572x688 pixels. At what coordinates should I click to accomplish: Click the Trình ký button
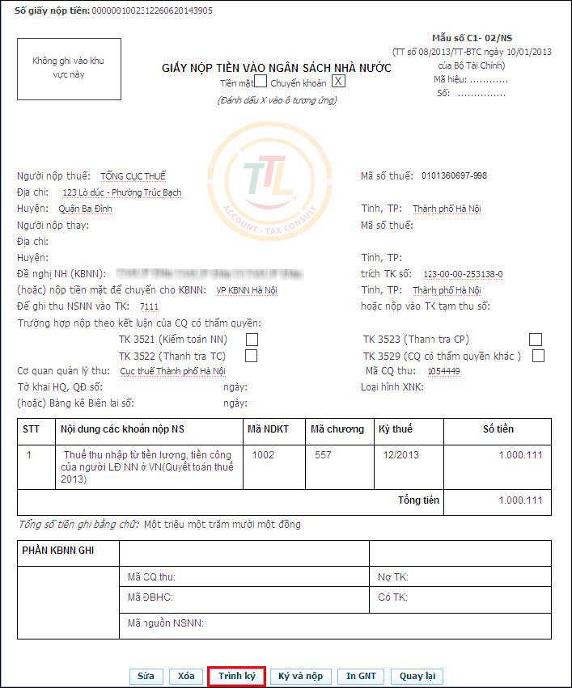click(236, 676)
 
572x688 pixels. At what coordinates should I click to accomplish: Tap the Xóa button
click(186, 676)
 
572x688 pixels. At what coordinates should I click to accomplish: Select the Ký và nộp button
click(300, 676)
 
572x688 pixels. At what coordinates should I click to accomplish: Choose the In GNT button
click(361, 676)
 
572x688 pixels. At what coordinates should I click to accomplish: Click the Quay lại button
click(417, 676)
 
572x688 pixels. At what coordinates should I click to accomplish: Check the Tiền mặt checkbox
click(261, 81)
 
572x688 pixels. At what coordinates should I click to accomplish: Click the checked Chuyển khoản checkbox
click(339, 81)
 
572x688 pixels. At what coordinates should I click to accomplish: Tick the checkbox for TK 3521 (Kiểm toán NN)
click(252, 340)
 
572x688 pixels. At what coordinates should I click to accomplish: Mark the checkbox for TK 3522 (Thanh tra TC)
click(252, 356)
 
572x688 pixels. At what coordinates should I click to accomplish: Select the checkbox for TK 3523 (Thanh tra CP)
click(535, 340)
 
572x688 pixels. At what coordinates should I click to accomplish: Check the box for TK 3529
click(538, 356)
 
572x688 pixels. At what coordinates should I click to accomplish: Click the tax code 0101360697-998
click(455, 176)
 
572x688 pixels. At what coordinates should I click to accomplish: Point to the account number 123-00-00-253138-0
click(463, 274)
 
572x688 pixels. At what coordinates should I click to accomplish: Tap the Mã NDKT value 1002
click(263, 455)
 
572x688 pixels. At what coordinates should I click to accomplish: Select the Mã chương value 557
click(324, 455)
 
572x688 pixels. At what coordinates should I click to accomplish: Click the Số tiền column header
click(498, 428)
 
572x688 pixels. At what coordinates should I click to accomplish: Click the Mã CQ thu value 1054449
click(443, 371)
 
